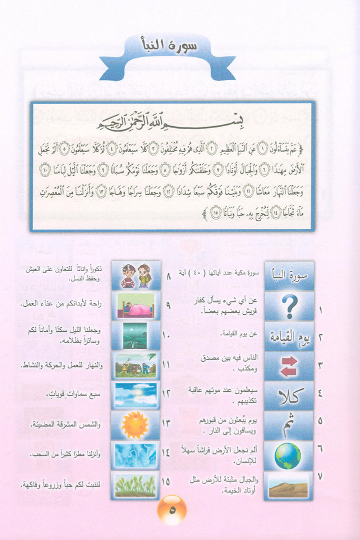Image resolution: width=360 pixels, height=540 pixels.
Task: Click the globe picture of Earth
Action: coord(288,456)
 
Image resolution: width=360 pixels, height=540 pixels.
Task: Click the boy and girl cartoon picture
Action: coord(135,276)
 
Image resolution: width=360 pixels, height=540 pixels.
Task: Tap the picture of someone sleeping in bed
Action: coord(135,306)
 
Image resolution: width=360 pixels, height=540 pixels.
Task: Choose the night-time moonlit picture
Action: coord(135,336)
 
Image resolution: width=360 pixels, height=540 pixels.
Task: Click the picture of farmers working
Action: coord(135,365)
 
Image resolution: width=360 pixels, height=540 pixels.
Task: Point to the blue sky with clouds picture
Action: coord(135,395)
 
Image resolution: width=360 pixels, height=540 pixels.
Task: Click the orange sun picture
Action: coord(135,425)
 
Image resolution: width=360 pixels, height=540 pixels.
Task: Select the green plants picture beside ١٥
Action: coord(135,485)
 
